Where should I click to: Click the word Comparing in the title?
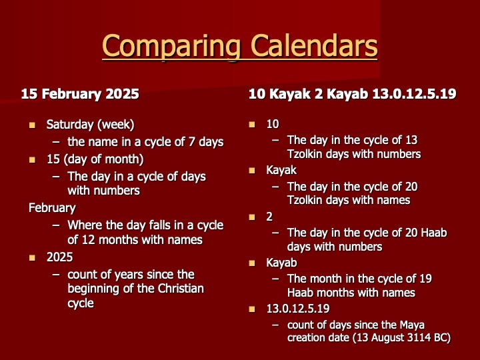point(171,46)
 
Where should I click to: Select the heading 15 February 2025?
point(80,94)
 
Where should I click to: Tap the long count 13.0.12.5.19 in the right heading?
point(414,93)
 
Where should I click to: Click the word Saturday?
point(70,125)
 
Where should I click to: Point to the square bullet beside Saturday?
point(32,125)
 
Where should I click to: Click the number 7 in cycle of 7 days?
point(191,142)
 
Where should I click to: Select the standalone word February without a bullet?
point(52,208)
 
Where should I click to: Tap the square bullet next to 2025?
point(32,258)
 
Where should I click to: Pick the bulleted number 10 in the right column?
point(273,124)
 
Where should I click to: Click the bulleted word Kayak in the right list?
point(281,170)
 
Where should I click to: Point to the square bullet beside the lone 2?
point(252,217)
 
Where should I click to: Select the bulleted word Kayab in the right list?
point(281,263)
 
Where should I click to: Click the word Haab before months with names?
point(300,293)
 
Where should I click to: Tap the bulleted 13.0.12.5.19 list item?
point(298,309)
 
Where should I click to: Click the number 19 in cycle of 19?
point(426,279)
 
